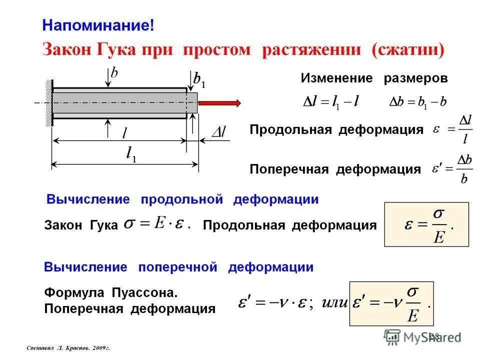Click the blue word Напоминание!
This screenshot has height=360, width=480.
tap(98, 25)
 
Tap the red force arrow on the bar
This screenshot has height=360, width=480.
tap(219, 102)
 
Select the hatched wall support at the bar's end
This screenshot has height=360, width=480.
tap(49, 102)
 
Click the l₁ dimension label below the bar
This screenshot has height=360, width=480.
tap(131, 156)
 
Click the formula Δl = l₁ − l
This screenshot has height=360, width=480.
tap(331, 101)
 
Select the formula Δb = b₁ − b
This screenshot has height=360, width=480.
tap(418, 101)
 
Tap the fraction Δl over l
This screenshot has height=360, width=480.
tap(465, 129)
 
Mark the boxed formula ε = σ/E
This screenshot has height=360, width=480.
tap(426, 224)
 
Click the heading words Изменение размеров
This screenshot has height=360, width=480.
tap(374, 78)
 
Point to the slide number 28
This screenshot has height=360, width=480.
tap(433, 336)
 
